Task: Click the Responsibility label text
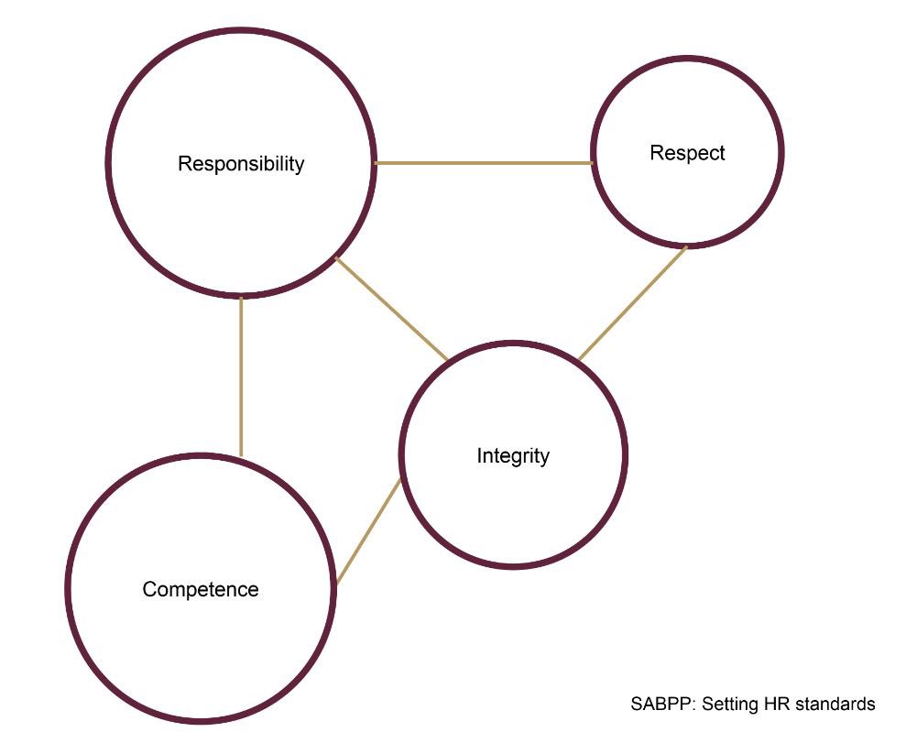point(241,164)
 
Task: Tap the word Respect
point(687,153)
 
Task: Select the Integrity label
point(513,455)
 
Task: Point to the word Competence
point(201,589)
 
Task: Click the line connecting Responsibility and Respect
point(484,163)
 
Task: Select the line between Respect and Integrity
point(633,302)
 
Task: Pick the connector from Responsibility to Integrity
point(392,310)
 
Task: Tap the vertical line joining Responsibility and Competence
point(241,376)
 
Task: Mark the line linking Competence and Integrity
point(369,531)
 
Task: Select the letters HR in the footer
point(780,705)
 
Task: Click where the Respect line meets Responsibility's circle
point(376,163)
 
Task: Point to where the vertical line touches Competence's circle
point(241,455)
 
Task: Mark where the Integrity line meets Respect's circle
point(686,246)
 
